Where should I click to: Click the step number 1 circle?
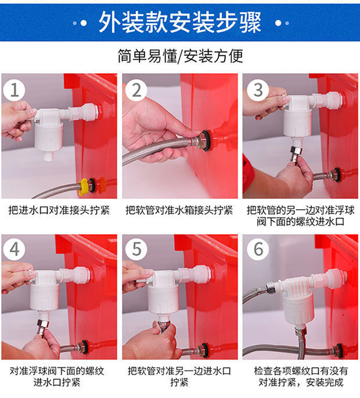click(14, 90)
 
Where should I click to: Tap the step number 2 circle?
click(136, 90)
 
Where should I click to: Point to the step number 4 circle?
click(14, 249)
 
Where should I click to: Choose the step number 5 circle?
click(136, 249)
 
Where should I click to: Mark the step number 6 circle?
click(258, 249)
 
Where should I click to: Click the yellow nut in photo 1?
click(83, 187)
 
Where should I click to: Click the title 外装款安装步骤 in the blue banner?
click(180, 22)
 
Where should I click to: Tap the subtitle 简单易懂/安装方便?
click(180, 56)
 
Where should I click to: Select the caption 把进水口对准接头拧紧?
click(59, 210)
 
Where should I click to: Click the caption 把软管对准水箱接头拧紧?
click(179, 210)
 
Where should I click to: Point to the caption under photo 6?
click(301, 377)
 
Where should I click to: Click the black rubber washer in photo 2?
click(207, 140)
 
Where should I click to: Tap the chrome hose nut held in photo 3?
click(296, 154)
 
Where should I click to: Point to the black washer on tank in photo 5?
click(204, 350)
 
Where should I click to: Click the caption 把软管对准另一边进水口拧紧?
click(179, 377)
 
